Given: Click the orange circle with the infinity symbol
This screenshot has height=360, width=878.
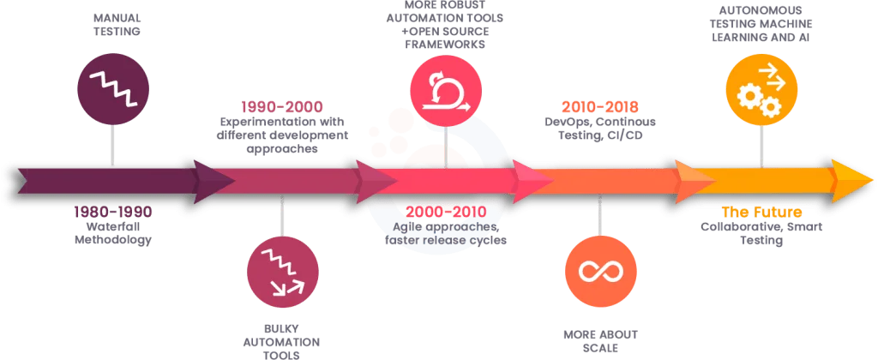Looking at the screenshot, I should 600,271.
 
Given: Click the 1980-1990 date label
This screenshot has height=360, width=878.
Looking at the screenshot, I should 112,211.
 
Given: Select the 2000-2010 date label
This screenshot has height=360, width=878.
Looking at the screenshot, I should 445,211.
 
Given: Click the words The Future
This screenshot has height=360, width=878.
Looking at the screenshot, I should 761,211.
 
